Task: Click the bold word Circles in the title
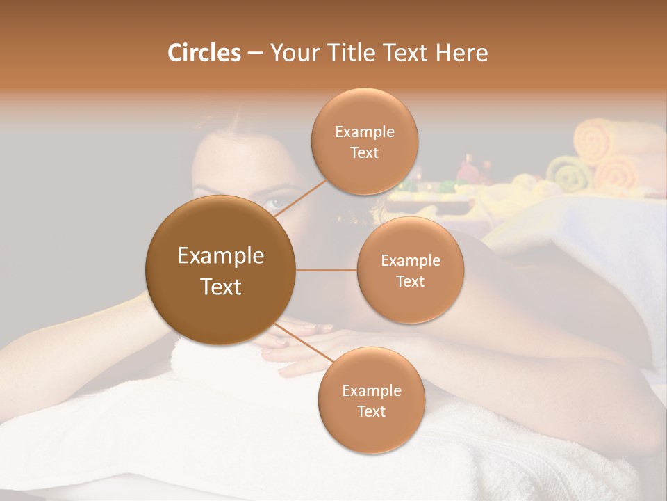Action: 204,53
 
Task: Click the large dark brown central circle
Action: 221,270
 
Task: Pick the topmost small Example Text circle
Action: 365,141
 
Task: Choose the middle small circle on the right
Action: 411,270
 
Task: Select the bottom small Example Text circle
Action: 371,400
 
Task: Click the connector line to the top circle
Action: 300,200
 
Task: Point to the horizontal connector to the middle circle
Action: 327,270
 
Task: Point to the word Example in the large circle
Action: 221,256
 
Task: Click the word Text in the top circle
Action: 365,152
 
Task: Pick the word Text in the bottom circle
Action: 371,411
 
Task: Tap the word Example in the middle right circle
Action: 411,260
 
